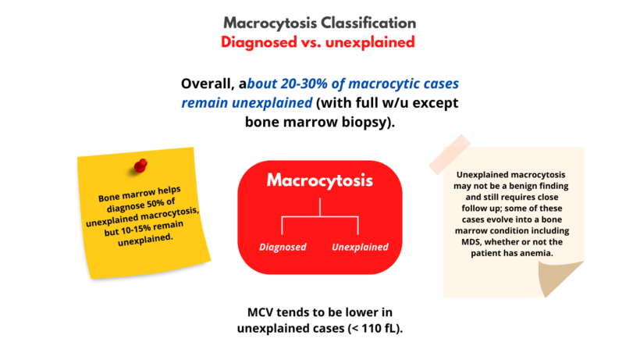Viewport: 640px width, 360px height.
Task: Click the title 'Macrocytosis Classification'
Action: pos(319,23)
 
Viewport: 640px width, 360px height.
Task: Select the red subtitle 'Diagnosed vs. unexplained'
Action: pos(319,42)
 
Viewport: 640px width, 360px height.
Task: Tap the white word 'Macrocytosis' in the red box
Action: pos(319,180)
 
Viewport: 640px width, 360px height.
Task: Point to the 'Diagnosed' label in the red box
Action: pos(283,248)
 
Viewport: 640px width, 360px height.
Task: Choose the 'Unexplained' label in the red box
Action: pos(360,248)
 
